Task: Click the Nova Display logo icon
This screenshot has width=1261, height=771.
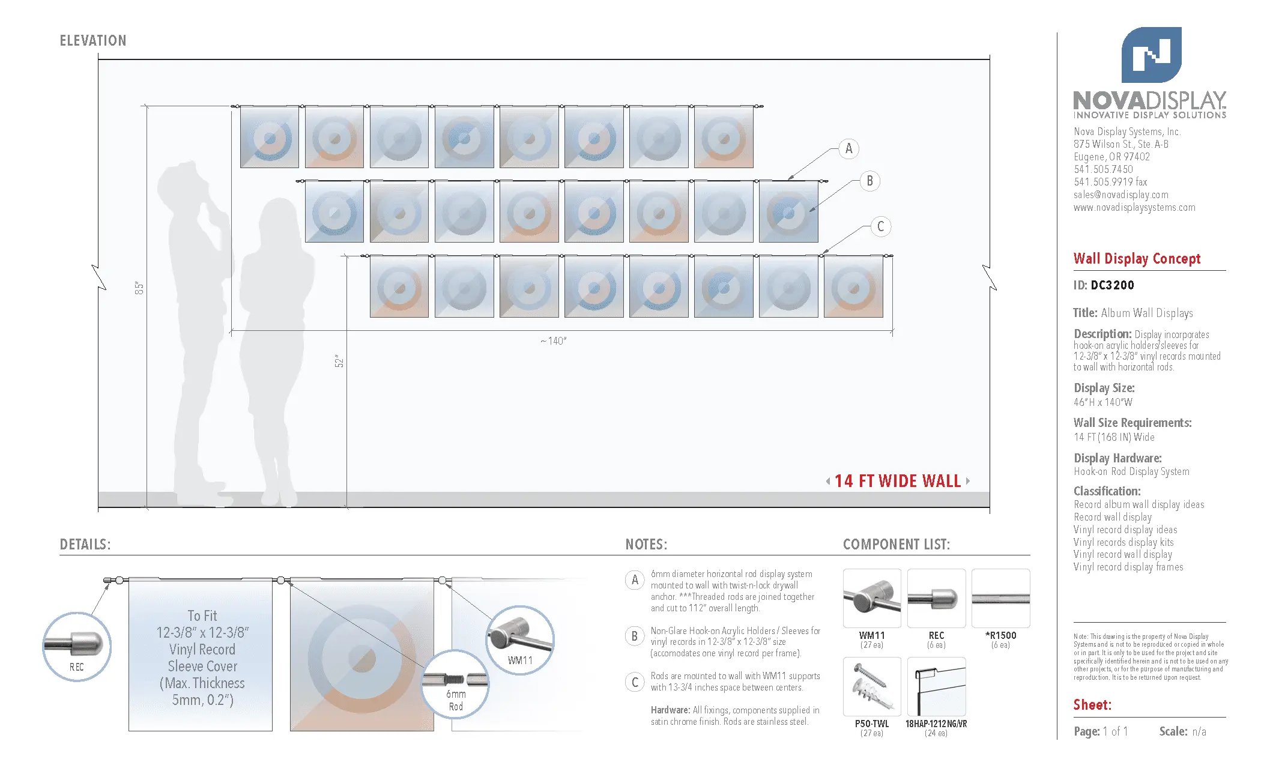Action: (x=1151, y=55)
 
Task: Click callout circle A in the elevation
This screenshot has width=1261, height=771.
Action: (x=848, y=148)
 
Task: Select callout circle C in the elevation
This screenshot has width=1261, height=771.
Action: (x=880, y=226)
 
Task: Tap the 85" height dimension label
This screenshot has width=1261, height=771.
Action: (x=139, y=288)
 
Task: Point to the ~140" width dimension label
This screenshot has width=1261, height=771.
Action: (x=553, y=341)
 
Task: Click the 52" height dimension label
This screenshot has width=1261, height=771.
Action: (x=339, y=361)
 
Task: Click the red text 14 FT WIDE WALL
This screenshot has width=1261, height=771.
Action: (x=897, y=481)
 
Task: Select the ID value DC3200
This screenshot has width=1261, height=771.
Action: (x=1112, y=285)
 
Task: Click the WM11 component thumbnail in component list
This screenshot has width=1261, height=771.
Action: (x=872, y=599)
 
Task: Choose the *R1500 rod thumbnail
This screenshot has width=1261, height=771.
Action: (x=1000, y=599)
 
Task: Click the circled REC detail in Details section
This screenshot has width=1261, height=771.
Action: (x=77, y=647)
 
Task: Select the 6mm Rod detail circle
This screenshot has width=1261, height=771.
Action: (x=455, y=685)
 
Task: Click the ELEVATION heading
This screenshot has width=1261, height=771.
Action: (x=93, y=41)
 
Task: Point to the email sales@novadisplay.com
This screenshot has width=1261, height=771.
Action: (x=1120, y=195)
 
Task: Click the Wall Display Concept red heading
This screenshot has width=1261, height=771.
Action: (x=1137, y=259)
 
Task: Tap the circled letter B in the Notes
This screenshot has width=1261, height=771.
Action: (x=635, y=636)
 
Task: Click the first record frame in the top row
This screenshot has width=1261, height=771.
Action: (x=270, y=138)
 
